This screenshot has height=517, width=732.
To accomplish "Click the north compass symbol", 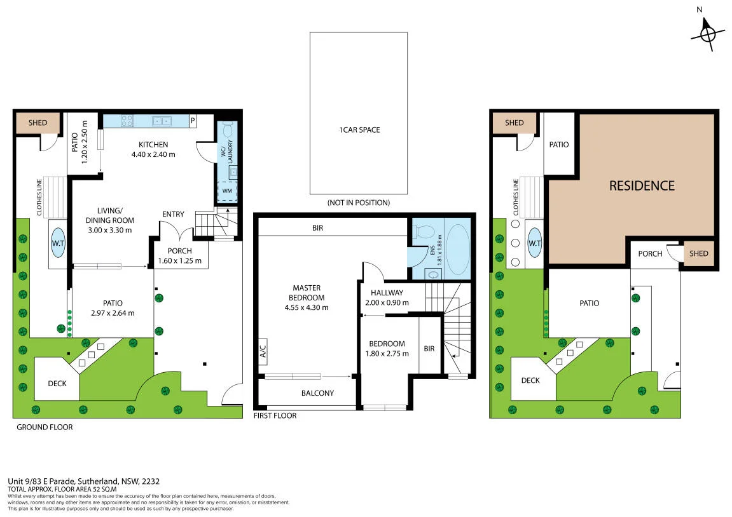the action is [x=708, y=34].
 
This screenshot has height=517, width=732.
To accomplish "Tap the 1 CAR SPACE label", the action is [x=359, y=130].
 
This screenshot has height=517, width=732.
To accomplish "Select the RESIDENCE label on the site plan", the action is [x=642, y=186].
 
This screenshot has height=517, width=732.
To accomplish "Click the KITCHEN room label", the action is [x=153, y=145].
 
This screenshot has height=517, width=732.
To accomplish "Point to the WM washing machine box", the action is [x=227, y=191].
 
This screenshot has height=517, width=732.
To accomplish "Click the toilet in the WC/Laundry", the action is [x=228, y=129].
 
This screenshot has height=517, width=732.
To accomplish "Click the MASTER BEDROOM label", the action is [x=307, y=293].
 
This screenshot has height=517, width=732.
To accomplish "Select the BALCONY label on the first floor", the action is [x=317, y=393].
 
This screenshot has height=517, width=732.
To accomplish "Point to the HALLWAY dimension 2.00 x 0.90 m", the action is [x=387, y=302].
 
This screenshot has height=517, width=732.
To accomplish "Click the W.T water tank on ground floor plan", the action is [x=58, y=243].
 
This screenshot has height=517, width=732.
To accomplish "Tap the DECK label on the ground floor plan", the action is [x=57, y=383].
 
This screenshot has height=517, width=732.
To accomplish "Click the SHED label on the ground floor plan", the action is [x=38, y=123].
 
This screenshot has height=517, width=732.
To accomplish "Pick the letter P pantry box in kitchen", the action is [x=192, y=121].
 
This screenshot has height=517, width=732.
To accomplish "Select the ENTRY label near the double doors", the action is [x=173, y=214].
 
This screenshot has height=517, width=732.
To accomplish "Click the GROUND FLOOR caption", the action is [x=45, y=427].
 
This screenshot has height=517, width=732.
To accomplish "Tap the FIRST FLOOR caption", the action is [x=275, y=415].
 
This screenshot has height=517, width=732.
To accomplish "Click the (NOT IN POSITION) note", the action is [x=359, y=203].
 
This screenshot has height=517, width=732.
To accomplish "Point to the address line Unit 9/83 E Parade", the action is [x=83, y=481].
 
